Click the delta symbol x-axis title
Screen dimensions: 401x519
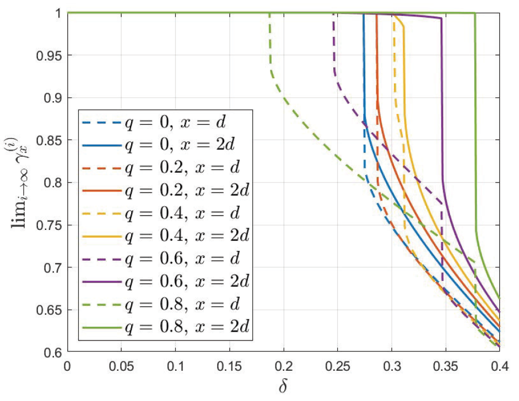click(x=284, y=387)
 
